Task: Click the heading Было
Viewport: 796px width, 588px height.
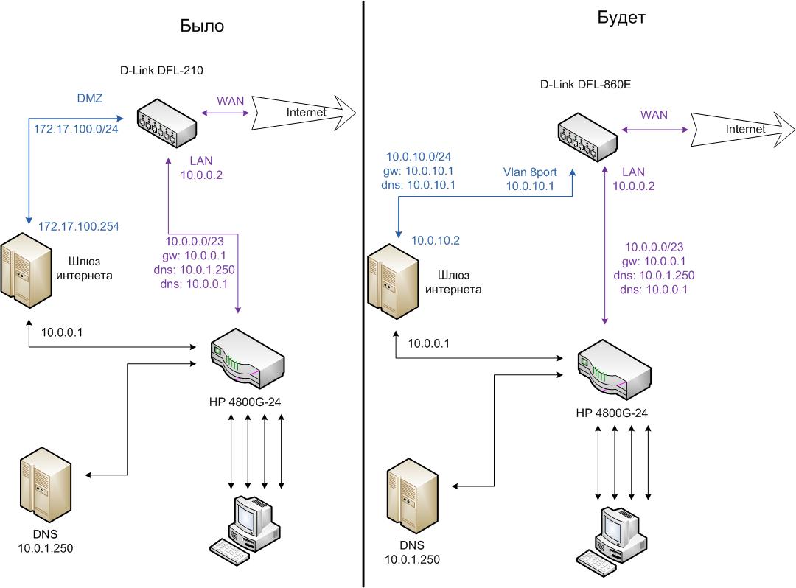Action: pyautogui.click(x=202, y=26)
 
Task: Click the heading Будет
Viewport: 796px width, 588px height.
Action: pyautogui.click(x=621, y=18)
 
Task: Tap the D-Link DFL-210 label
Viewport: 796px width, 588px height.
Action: pyautogui.click(x=161, y=71)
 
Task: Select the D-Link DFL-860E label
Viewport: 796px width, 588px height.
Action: pyautogui.click(x=585, y=85)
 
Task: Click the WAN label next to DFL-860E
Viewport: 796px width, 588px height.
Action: pyautogui.click(x=654, y=115)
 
